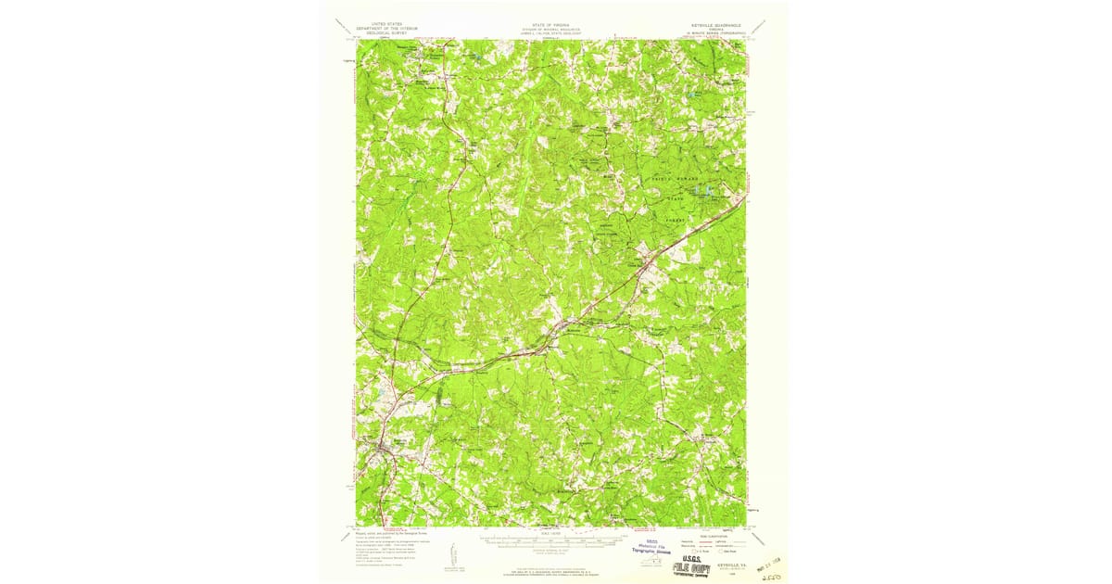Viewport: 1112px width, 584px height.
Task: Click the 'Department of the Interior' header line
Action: (387, 28)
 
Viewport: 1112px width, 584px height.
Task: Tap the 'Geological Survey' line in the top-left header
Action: (387, 32)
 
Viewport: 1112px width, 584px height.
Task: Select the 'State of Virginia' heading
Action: (552, 24)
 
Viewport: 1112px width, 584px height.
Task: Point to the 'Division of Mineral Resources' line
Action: (552, 29)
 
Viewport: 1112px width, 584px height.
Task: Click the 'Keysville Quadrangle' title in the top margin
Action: (712, 24)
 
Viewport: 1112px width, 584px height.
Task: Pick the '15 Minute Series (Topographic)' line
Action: (712, 33)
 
